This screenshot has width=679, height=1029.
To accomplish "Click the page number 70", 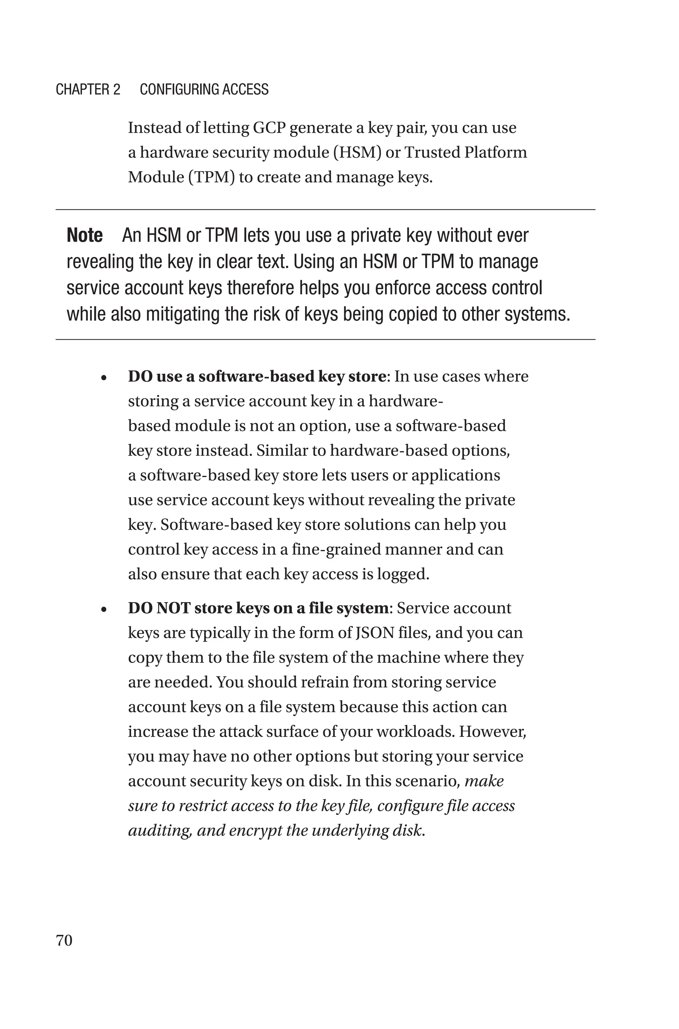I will (x=64, y=940).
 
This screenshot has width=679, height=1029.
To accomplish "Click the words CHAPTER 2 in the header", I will (x=88, y=89).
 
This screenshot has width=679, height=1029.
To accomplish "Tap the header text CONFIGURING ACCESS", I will (x=204, y=89).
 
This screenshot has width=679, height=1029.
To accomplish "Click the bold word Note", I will (x=85, y=235).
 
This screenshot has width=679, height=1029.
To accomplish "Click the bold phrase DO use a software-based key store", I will (x=256, y=376).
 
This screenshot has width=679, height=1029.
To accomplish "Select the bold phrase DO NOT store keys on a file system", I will (x=258, y=608).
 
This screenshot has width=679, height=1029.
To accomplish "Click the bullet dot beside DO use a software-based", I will (x=103, y=378).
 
